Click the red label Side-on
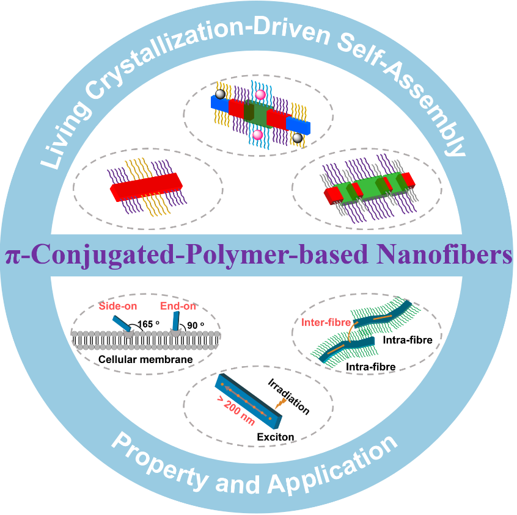(x=117, y=305)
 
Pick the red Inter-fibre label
(x=324, y=322)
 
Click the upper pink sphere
(x=260, y=95)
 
